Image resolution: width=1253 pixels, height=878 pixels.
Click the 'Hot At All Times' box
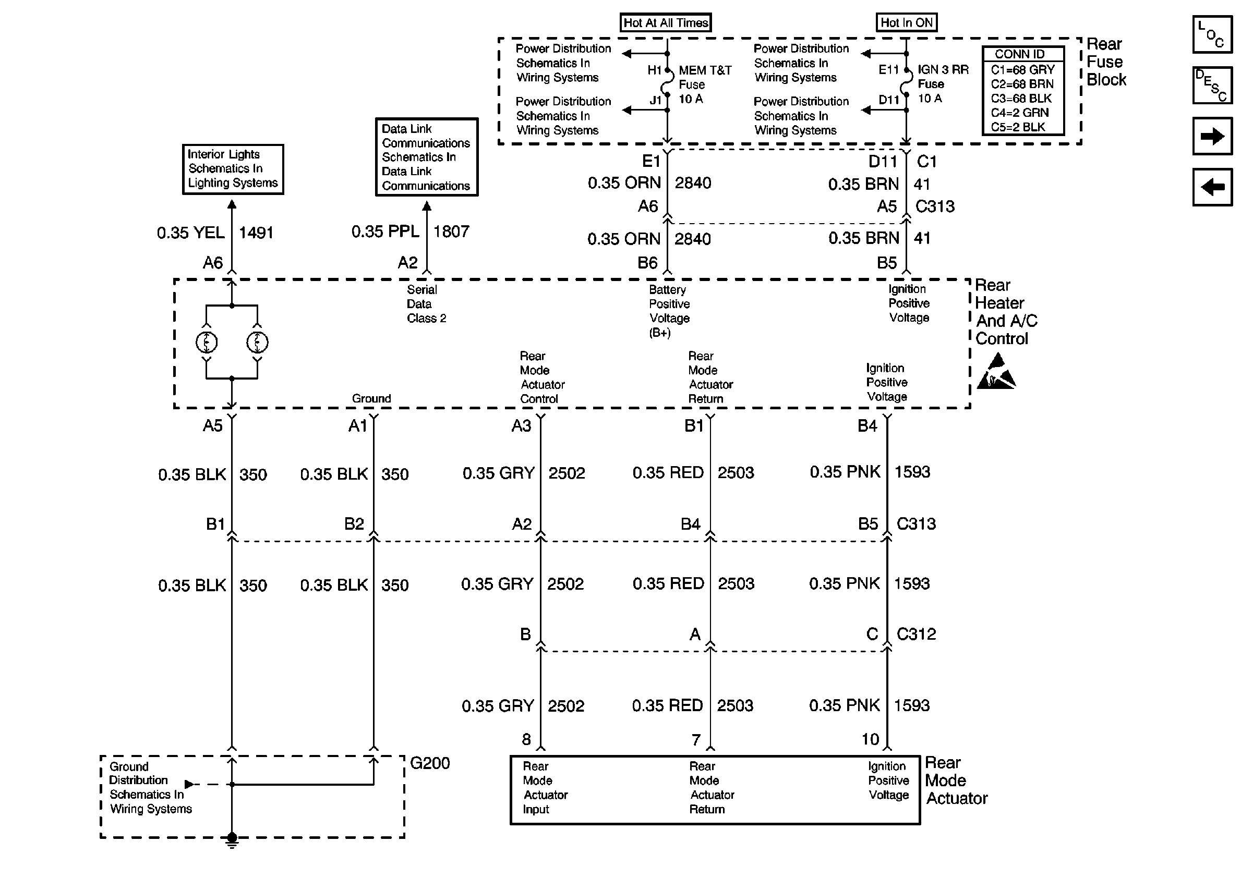[x=666, y=23]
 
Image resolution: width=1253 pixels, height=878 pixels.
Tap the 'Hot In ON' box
[x=907, y=23]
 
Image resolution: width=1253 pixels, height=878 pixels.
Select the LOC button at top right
[x=1212, y=35]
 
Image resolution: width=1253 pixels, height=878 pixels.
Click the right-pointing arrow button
[x=1212, y=136]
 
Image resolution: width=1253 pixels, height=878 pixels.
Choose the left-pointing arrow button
[x=1212, y=188]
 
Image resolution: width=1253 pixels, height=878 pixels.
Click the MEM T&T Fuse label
[x=704, y=84]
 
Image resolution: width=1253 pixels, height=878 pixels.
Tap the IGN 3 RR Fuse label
[x=943, y=84]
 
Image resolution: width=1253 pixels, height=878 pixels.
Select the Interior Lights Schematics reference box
[x=233, y=169]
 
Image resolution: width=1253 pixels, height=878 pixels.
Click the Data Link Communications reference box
[x=426, y=157]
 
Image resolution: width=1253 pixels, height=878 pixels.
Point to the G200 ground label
[x=429, y=763]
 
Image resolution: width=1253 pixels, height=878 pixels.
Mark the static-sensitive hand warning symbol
[x=996, y=372]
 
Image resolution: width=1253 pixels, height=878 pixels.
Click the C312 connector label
[x=917, y=634]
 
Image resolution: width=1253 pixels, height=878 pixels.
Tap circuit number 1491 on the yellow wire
[x=256, y=233]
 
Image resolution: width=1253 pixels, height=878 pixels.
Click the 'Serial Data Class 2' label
[x=426, y=304]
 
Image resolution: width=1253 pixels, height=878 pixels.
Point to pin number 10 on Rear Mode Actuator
[x=871, y=739]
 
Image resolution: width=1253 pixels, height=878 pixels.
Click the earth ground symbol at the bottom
[x=232, y=842]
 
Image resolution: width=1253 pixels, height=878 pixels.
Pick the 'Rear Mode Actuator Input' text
[x=545, y=788]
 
